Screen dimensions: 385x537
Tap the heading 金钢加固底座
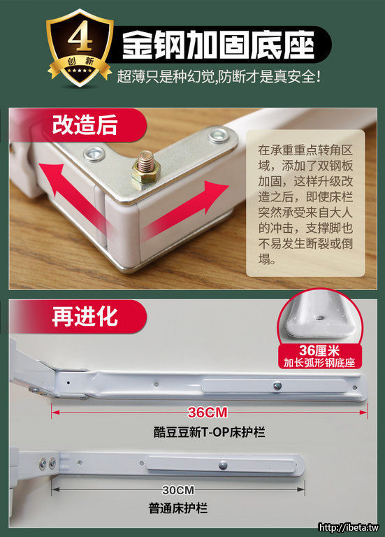[x=218, y=45]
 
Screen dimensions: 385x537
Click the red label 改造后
[x=85, y=124]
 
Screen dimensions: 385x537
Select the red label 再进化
[x=85, y=316]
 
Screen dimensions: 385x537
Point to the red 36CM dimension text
[x=208, y=413]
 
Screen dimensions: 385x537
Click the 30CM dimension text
[x=178, y=490]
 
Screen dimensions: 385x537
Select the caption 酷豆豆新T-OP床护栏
[x=209, y=432]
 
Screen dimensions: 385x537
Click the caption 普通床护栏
[x=178, y=508]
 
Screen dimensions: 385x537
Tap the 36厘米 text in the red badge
[x=319, y=351]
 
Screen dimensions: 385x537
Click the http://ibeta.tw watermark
[x=349, y=528]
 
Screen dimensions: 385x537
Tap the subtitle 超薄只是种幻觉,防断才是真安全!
[x=219, y=76]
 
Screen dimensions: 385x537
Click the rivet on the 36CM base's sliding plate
[x=277, y=386]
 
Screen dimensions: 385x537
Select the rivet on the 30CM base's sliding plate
[x=223, y=465]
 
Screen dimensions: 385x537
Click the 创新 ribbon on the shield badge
[x=80, y=62]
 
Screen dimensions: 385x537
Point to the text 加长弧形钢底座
[x=319, y=363]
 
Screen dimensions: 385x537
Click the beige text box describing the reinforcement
[x=305, y=203]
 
